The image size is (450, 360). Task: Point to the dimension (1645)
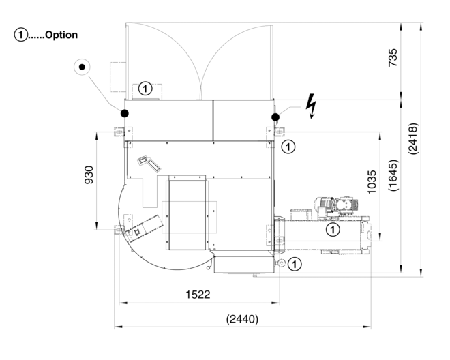click(393, 183)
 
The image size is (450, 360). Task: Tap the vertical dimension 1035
click(372, 183)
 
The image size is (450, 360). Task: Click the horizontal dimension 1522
click(198, 295)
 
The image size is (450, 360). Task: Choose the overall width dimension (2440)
click(242, 318)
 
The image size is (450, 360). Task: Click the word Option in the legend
click(61, 35)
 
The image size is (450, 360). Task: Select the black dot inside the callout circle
click(82, 67)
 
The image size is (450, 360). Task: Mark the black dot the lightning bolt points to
click(275, 117)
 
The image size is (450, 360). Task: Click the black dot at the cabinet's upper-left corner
click(125, 112)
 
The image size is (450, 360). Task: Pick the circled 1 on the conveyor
click(331, 230)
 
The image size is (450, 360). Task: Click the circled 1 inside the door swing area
click(145, 88)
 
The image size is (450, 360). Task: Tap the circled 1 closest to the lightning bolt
click(288, 145)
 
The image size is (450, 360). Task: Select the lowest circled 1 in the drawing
click(294, 264)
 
